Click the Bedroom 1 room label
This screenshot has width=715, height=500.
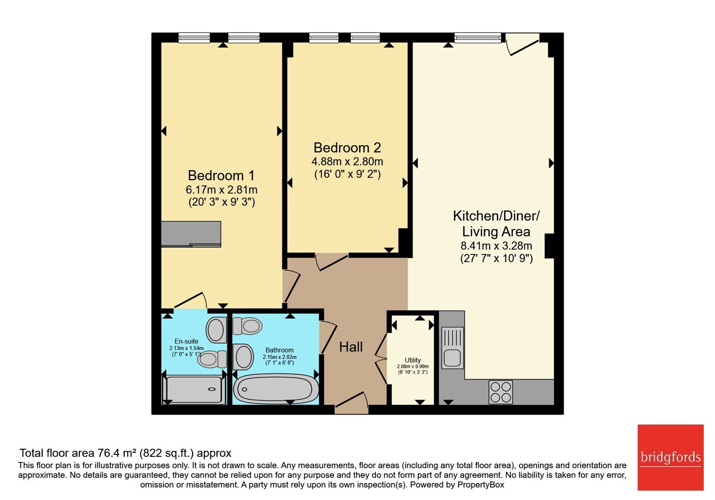coord(221,175)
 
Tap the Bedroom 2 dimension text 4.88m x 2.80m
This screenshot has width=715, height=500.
coord(347,161)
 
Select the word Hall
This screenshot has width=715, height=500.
coord(351,347)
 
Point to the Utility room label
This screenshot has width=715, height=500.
coord(413,360)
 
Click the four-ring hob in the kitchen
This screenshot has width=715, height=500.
coord(500,392)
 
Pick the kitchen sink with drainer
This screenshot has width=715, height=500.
coord(452,348)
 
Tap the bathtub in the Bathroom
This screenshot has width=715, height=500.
coord(276,389)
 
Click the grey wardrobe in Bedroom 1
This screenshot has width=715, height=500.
coord(191,234)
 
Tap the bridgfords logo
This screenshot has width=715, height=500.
coord(670,457)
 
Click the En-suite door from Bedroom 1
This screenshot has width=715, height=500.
coord(190,300)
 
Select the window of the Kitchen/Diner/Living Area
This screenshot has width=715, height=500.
coord(478,37)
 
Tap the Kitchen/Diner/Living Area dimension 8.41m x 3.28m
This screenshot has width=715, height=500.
coord(496,246)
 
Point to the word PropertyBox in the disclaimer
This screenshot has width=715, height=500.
coord(481,485)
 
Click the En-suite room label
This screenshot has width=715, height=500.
coord(186,341)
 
